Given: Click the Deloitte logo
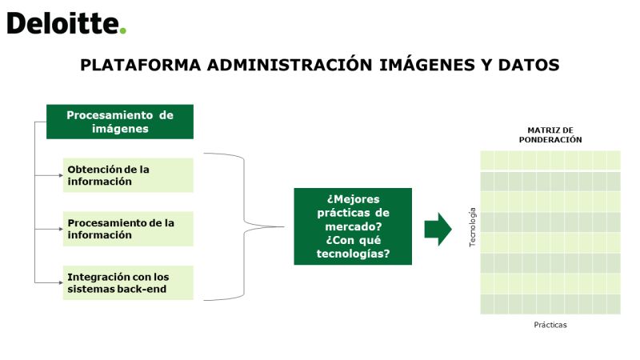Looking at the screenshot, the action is pos(66,23).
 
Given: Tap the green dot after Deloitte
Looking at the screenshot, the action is pos(123,30).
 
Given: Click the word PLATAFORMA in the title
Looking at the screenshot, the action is pos(141,66).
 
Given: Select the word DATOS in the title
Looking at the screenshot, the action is pos(529,66).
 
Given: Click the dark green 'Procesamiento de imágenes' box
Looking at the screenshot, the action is pos(120,122).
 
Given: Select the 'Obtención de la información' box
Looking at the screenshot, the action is pos(128,175).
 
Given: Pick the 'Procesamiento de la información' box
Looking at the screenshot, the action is pos(128,229).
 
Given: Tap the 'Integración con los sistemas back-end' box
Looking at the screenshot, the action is pos(128,283).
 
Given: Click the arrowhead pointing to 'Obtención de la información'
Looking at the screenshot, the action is pos(61,175).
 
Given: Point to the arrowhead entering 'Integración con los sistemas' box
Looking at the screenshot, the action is pos(61,282).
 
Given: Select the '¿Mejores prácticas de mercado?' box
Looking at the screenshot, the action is pos(353,226).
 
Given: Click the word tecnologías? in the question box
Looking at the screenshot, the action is pos(353,254).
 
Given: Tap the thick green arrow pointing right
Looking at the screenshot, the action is pos(438,229).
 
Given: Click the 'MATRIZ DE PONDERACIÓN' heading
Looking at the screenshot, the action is pos(550,134).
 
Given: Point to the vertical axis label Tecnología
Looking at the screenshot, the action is pos(473,227).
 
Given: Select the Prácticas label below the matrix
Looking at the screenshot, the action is pos(550,325).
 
